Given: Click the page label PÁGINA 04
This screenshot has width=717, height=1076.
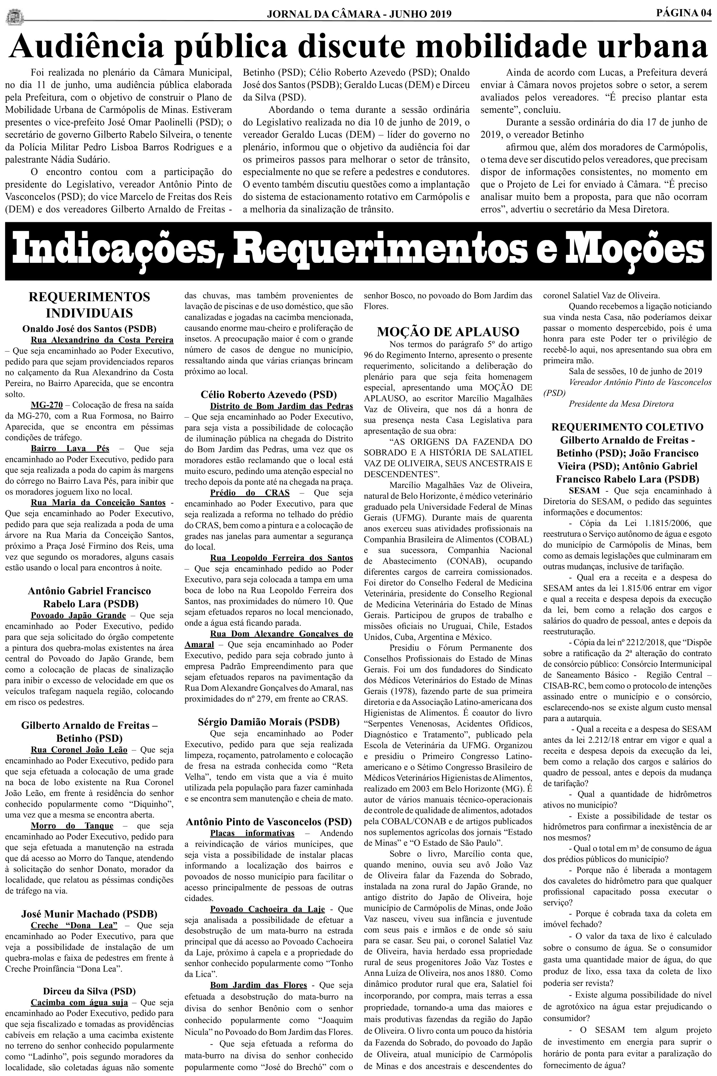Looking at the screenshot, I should click(x=684, y=12).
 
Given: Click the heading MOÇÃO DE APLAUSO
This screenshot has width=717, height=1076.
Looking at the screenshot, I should click(x=448, y=331).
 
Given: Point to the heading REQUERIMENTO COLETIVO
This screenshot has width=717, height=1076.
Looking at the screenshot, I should click(x=627, y=427).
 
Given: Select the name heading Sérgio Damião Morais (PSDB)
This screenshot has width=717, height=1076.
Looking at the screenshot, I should click(x=268, y=721).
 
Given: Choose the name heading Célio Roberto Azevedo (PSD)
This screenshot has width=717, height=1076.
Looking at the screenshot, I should click(x=268, y=394).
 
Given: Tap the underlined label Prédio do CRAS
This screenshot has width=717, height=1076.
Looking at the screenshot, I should click(x=250, y=492).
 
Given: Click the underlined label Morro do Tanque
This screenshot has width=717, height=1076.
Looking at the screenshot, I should click(x=72, y=826).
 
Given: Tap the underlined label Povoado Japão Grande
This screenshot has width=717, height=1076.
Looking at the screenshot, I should click(x=78, y=615).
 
